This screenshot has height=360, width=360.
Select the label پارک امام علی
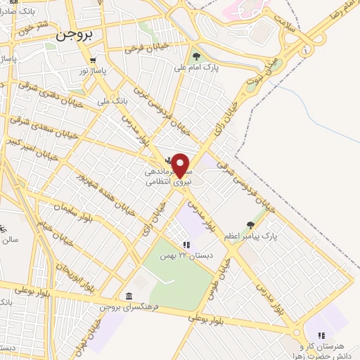tap(216, 67)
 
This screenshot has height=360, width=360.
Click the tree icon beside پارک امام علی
tap(196, 57)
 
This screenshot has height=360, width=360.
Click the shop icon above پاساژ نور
tap(94, 60)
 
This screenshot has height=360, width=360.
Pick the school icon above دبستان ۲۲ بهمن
tap(186, 245)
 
